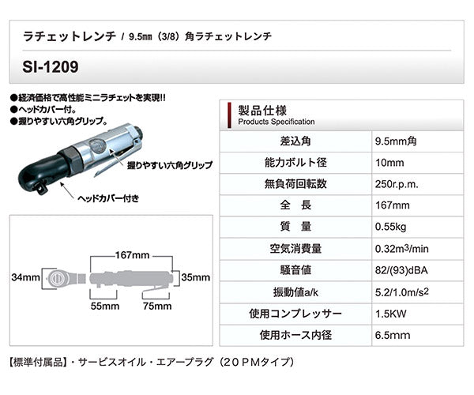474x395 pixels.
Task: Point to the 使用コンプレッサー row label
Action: click(x=282, y=312)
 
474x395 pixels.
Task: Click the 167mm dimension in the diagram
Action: click(x=130, y=256)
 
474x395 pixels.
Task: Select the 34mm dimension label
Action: click(x=26, y=278)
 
